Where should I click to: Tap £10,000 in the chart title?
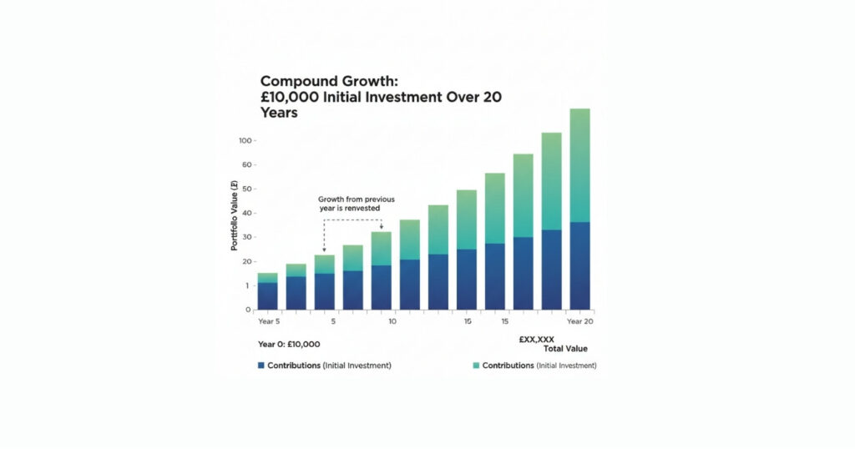[291, 97]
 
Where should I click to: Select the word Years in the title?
[279, 113]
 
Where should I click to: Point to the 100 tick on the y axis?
[244, 140]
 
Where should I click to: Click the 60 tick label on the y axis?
[245, 164]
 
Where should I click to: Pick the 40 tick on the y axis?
[245, 213]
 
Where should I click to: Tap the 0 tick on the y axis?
[248, 310]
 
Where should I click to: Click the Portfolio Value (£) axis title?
[235, 217]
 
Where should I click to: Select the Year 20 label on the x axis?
[579, 321]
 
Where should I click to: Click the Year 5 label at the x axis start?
[270, 321]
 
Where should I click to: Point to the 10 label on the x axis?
[392, 321]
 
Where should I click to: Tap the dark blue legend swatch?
[261, 366]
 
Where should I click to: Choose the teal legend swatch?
[476, 366]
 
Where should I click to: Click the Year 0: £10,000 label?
[289, 344]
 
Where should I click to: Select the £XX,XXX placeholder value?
[536, 339]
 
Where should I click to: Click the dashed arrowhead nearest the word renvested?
[381, 226]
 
